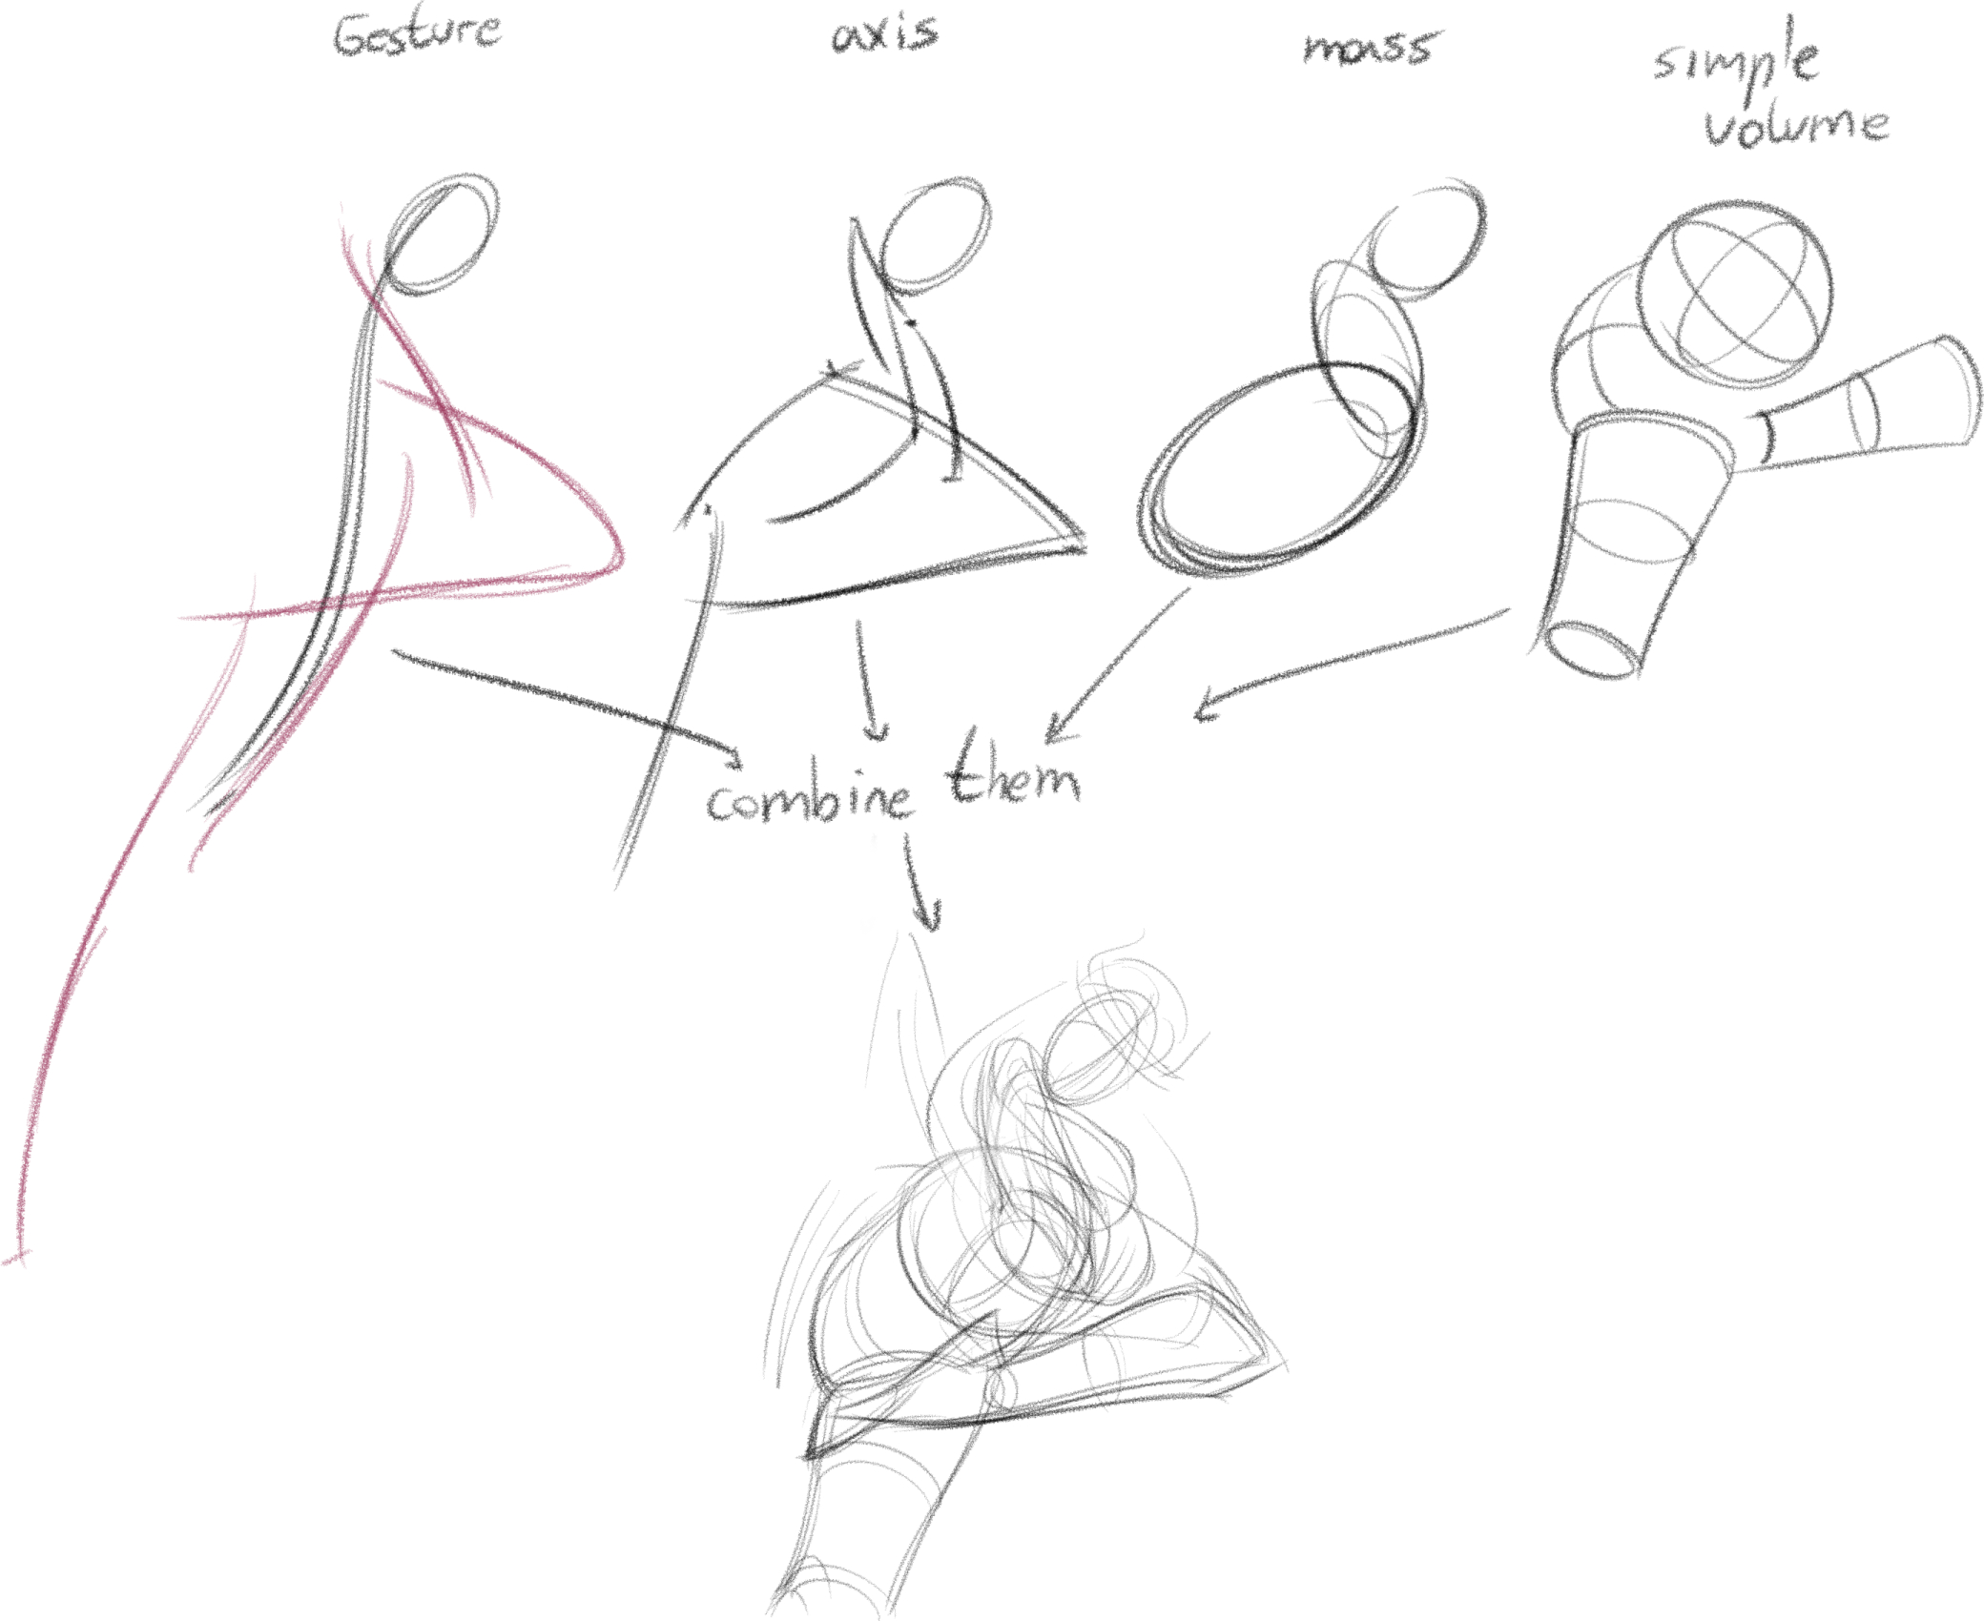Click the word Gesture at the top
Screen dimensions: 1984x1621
pos(417,34)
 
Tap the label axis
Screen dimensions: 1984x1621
pos(885,34)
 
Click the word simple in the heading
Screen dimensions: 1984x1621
pos(1736,59)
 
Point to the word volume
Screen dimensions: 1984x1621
pos(1796,124)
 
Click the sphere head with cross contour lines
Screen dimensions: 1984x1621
pos(1734,296)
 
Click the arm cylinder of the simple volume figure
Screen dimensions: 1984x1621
pos(1860,405)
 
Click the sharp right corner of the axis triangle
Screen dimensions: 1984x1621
pos(1084,544)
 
